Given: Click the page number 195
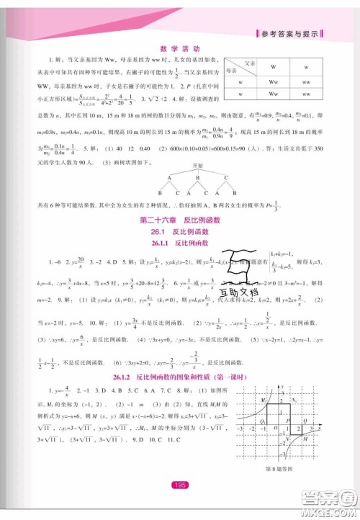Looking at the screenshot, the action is point(180,485).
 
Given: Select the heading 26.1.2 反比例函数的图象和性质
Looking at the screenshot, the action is point(179,377).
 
